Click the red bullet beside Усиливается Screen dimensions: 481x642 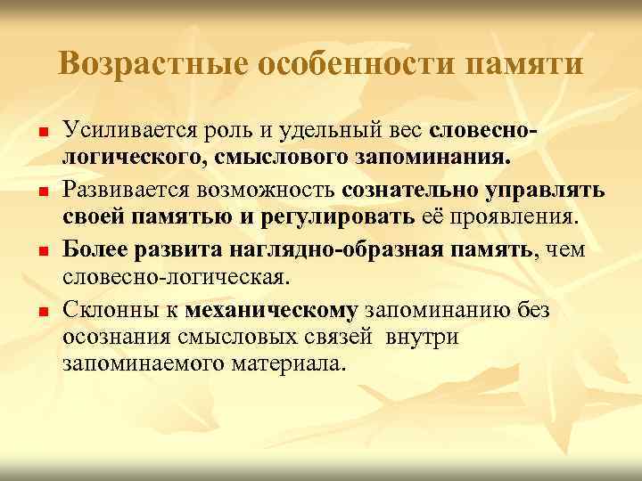(43, 134)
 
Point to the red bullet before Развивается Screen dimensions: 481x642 (43, 192)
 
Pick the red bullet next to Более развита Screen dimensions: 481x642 (43, 251)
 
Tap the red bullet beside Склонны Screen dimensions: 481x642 (43, 311)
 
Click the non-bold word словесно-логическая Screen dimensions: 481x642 (175, 278)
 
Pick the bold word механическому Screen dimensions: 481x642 (271, 309)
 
